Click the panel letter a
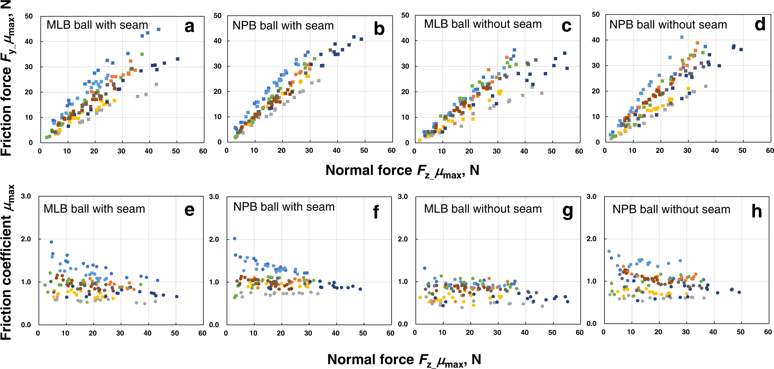click(x=189, y=27)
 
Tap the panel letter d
click(x=760, y=25)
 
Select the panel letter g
click(x=567, y=211)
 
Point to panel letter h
click(x=757, y=211)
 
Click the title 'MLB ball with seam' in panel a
click(x=97, y=25)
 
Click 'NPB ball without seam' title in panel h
click(x=671, y=209)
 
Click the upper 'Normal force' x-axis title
click(x=402, y=171)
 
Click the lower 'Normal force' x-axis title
click(x=404, y=360)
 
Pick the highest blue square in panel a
click(x=159, y=29)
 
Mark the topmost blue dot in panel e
click(x=51, y=242)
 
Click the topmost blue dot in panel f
click(x=234, y=239)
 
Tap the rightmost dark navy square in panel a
click(x=178, y=59)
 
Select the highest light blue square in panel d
click(x=682, y=37)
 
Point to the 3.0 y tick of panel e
click(x=26, y=196)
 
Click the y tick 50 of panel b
click(x=218, y=16)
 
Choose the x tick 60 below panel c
click(x=579, y=151)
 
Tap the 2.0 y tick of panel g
click(x=403, y=239)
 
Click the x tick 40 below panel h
click(x=713, y=332)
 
